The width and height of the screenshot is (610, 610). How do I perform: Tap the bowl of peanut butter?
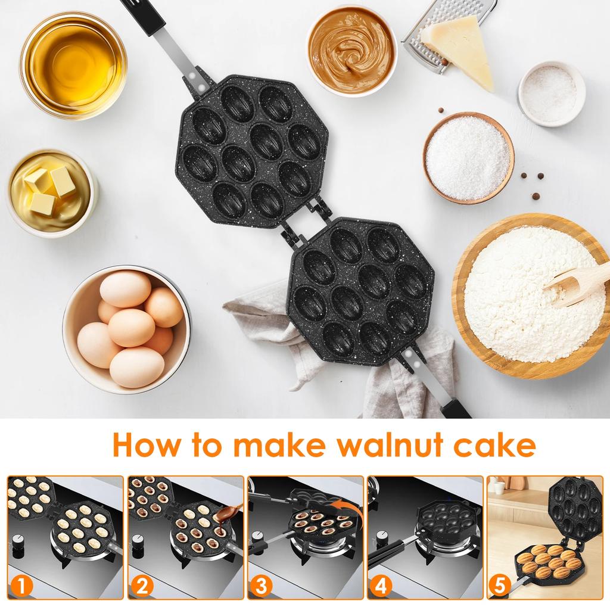(x=351, y=50)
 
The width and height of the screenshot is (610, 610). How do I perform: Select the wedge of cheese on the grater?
(x=459, y=48)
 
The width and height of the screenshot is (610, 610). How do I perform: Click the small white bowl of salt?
(x=550, y=94)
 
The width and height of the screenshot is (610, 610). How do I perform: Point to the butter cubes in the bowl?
(x=49, y=187)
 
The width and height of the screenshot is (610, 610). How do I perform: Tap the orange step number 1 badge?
(x=22, y=586)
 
